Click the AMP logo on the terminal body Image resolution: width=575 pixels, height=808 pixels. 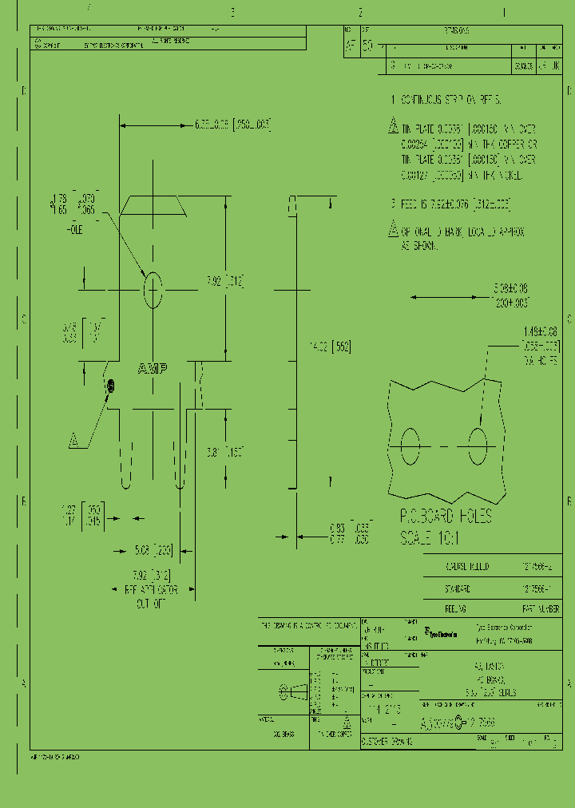click(x=152, y=369)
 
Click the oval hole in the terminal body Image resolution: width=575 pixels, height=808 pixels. click(x=152, y=291)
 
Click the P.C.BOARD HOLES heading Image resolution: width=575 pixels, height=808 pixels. click(x=445, y=516)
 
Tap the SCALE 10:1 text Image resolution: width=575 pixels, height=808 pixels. click(x=430, y=537)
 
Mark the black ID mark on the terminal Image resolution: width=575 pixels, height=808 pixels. click(x=111, y=386)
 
